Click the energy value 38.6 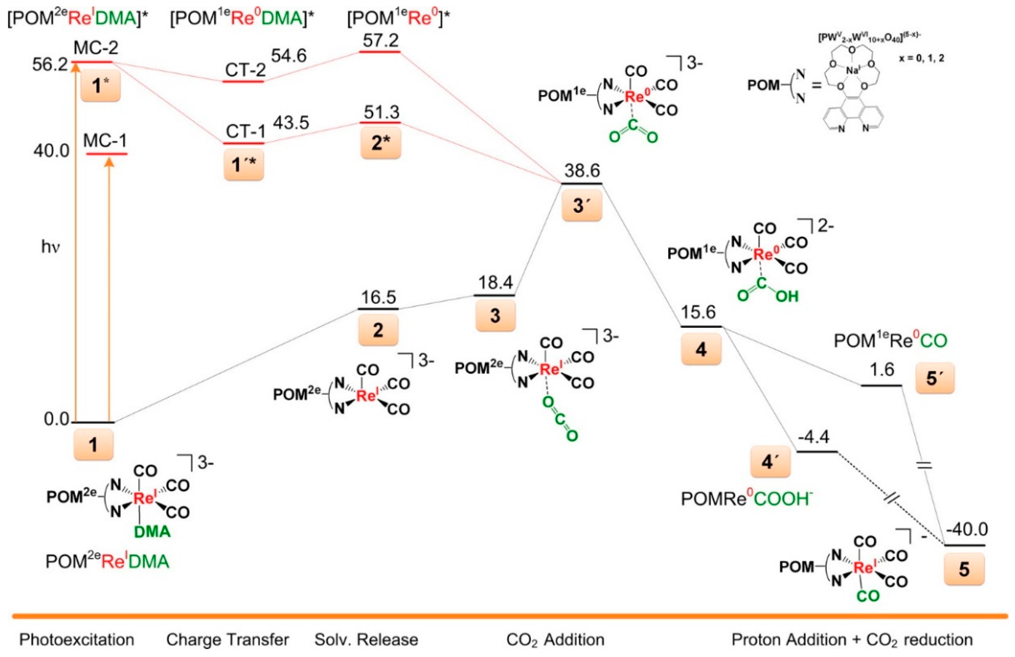click(x=582, y=171)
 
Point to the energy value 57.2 click(x=380, y=41)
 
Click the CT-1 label click(x=245, y=131)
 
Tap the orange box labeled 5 click(x=964, y=569)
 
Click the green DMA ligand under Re click(x=152, y=531)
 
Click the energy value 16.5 click(x=378, y=297)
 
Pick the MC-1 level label click(x=105, y=140)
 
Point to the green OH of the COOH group click(x=787, y=296)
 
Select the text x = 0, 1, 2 click(x=921, y=58)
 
